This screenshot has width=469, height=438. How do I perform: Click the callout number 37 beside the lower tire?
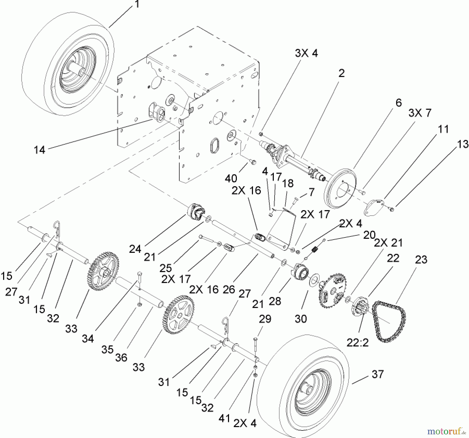tap(378, 374)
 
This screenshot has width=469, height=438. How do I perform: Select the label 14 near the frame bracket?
tap(40, 150)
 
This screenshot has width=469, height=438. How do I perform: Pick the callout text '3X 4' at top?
tap(306, 53)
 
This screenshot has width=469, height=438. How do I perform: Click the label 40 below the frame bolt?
tap(231, 178)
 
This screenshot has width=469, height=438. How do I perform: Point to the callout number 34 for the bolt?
tap(88, 339)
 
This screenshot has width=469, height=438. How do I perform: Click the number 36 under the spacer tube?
tap(121, 358)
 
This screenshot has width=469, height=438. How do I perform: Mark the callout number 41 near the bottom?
tap(224, 418)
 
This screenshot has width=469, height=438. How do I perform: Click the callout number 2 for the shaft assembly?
tap(341, 73)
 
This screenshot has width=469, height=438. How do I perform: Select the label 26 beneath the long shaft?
tap(229, 290)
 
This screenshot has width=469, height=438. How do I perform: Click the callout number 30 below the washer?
tap(301, 319)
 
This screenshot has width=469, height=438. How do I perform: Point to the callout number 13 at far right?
tap(463, 144)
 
